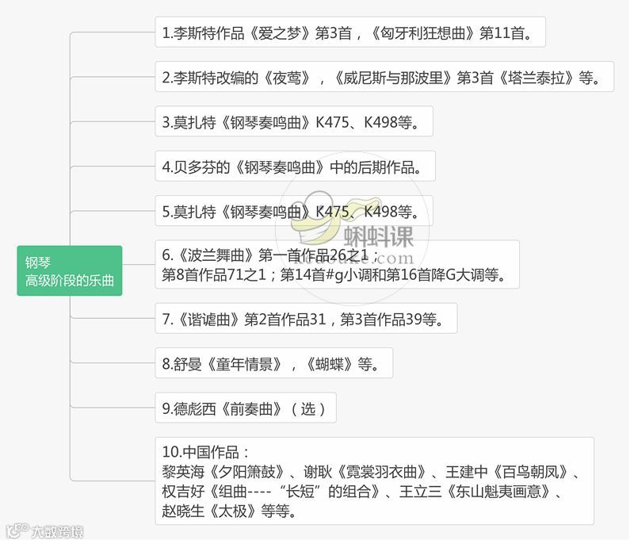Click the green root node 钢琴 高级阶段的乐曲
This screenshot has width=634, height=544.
click(70, 270)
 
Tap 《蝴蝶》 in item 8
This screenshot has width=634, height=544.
click(329, 365)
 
